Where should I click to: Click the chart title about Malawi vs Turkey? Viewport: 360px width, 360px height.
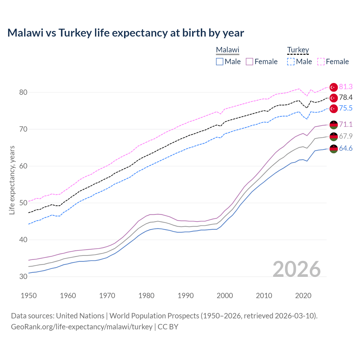125,33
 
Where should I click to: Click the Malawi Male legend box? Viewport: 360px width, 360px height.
220,62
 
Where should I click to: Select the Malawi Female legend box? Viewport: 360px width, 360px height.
249,62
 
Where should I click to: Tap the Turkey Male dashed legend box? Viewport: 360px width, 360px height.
291,62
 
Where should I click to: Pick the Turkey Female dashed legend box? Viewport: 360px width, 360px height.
321,62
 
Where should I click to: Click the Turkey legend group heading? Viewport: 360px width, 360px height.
298,50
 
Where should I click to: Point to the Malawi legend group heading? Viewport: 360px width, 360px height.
228,50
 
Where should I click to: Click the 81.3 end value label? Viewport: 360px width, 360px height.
346,87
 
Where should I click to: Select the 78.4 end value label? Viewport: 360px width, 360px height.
346,98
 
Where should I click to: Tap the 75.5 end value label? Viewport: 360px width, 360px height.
346,108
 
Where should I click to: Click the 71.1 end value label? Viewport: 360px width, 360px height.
346,124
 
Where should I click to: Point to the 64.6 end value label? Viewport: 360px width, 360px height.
346,148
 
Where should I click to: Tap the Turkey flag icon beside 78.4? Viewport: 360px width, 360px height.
334,98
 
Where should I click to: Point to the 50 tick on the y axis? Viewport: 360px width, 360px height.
23,203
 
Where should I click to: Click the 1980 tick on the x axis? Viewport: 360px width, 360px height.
146,296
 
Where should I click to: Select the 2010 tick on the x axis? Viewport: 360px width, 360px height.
264,296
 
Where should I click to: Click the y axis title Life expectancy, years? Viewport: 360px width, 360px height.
12,180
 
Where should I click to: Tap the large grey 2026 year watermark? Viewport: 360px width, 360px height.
297,269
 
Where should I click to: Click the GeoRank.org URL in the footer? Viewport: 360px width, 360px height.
82,327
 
